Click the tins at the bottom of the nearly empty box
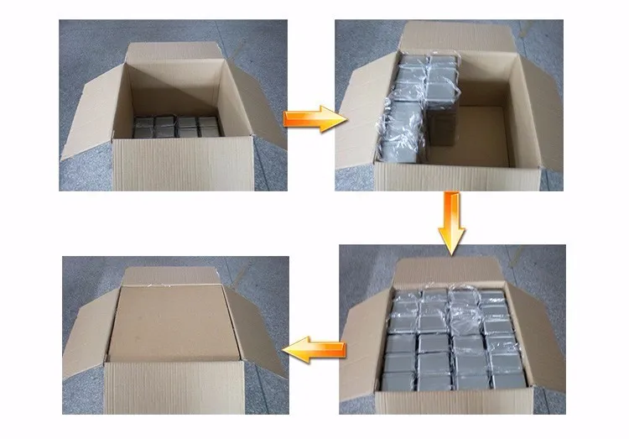pos(175,127)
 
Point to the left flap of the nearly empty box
pos(92,113)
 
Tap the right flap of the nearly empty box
pos(258,105)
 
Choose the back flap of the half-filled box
pos(457,38)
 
